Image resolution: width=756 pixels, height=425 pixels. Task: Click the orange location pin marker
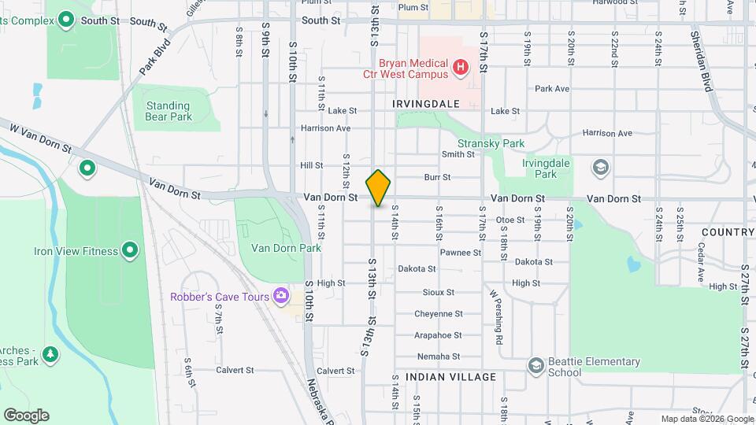click(x=379, y=187)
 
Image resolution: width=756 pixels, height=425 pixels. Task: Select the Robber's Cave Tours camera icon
click(x=280, y=297)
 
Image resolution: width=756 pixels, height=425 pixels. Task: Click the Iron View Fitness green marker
click(x=131, y=251)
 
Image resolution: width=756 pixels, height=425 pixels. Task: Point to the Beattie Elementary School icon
click(x=536, y=366)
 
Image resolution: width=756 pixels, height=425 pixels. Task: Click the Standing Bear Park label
click(x=168, y=111)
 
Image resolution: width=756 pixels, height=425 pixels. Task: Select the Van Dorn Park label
click(x=286, y=248)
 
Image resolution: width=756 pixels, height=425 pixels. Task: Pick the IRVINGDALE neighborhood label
click(x=426, y=103)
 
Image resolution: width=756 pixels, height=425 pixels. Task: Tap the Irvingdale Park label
click(x=546, y=168)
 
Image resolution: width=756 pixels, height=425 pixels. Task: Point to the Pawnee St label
click(x=461, y=253)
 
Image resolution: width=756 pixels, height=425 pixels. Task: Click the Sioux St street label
click(x=439, y=292)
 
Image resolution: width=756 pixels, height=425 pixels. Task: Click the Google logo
click(x=26, y=415)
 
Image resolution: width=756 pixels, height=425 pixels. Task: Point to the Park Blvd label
click(x=156, y=57)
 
